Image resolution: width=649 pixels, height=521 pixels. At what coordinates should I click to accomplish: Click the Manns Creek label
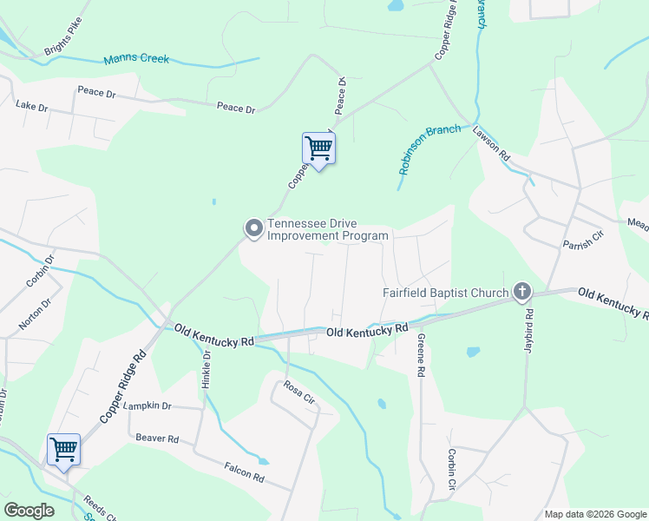pyautogui.click(x=136, y=60)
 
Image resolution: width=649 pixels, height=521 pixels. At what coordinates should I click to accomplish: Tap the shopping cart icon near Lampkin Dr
pyautogui.click(x=63, y=450)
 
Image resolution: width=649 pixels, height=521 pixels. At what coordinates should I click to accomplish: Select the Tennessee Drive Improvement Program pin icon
pyautogui.click(x=253, y=228)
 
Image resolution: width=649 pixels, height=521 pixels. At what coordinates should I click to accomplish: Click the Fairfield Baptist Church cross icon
pyautogui.click(x=522, y=292)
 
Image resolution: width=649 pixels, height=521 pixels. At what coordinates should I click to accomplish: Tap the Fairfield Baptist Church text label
pyautogui.click(x=445, y=293)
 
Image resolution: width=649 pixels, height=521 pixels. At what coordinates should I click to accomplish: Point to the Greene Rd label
pyautogui.click(x=421, y=354)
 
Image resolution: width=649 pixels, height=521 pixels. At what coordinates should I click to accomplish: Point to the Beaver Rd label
pyautogui.click(x=156, y=439)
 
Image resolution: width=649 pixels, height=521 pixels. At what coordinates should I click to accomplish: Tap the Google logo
pyautogui.click(x=29, y=511)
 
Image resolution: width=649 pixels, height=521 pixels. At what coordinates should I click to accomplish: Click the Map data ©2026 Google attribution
pyautogui.click(x=594, y=514)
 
